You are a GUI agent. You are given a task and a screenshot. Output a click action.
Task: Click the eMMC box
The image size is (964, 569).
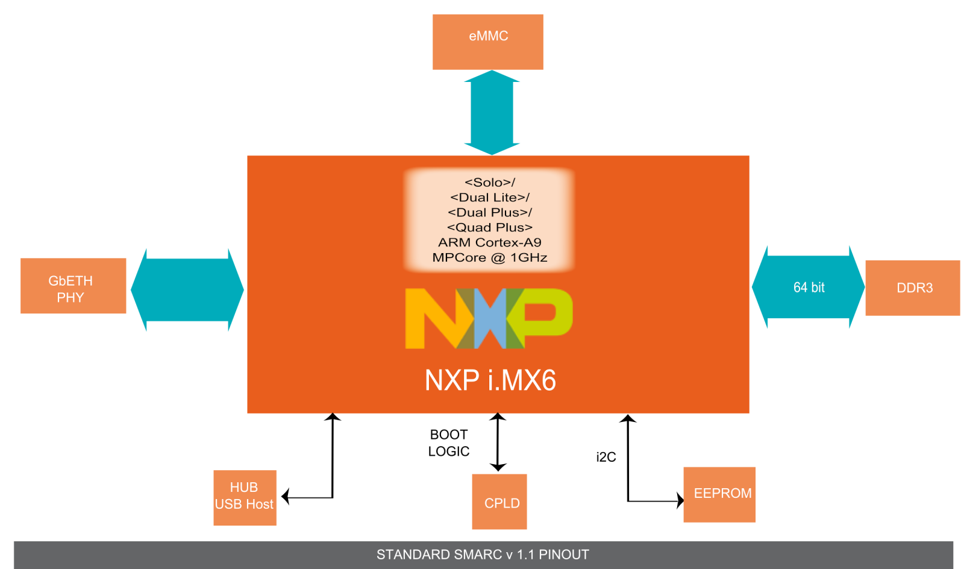click(488, 42)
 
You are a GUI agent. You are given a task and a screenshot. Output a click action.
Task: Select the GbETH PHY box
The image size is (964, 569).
click(73, 286)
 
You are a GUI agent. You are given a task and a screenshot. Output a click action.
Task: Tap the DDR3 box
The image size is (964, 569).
click(912, 288)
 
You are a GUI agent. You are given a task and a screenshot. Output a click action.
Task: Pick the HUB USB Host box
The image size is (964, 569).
click(245, 498)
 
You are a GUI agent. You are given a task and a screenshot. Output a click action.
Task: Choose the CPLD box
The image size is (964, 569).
click(499, 502)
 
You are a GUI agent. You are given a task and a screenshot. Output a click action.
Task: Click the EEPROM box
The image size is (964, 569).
click(719, 494)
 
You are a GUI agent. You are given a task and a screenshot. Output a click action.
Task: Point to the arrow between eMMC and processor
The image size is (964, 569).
click(492, 113)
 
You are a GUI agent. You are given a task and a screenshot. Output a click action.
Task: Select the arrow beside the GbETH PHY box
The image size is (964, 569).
click(187, 290)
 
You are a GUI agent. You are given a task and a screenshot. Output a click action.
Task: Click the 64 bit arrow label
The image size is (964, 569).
click(809, 288)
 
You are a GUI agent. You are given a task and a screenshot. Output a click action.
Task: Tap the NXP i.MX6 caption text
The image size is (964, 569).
click(490, 380)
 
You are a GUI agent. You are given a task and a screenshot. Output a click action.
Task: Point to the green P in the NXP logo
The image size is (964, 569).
click(545, 313)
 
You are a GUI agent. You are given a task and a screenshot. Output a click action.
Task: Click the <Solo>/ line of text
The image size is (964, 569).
click(490, 182)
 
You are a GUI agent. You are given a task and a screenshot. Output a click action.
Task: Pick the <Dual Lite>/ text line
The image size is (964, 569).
click(490, 197)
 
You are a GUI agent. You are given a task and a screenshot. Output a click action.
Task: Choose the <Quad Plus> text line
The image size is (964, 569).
click(490, 227)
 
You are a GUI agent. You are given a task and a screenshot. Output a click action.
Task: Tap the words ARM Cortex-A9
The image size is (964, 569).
click(490, 242)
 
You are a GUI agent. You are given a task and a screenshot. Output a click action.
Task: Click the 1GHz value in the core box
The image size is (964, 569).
click(528, 257)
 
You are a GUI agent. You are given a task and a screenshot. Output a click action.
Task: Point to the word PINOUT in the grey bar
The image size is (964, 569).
click(563, 555)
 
